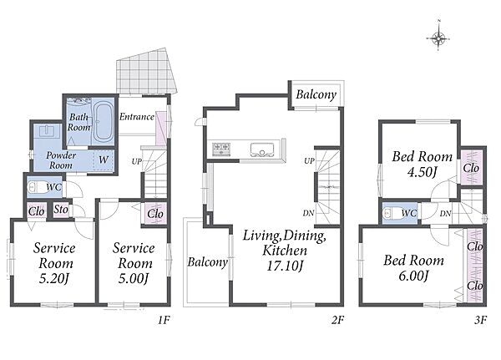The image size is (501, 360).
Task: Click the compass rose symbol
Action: point(438,38)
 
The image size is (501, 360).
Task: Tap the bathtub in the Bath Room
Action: point(103,122)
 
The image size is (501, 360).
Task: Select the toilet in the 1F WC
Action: point(36,187)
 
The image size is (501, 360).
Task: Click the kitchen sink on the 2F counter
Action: point(262,150)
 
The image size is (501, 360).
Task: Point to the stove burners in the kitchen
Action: point(221,149)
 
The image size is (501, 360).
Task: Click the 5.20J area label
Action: point(53,280)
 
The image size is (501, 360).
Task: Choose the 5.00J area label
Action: point(134,279)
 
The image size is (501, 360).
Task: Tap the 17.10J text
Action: point(285,266)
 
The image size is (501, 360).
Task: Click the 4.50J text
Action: point(422,173)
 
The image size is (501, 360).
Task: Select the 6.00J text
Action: point(413,276)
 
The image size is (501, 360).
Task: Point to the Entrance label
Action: point(137,117)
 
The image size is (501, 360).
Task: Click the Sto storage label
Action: point(61,210)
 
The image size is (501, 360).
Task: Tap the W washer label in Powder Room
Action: point(104,160)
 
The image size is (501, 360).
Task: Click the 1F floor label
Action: point(164,320)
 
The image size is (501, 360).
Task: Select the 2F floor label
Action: point(337,320)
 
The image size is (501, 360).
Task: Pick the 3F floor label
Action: point(480,320)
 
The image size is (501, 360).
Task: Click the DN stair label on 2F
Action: point(308,213)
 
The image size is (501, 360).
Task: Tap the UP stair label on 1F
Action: point(136,162)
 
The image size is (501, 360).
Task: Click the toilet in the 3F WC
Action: point(392,213)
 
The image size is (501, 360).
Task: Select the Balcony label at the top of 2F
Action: point(316,95)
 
